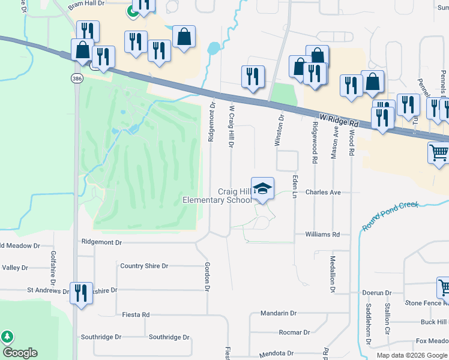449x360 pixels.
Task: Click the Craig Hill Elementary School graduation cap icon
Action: pos(262,188)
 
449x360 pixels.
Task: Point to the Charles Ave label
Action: pos(323,193)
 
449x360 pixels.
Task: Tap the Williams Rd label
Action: pos(322,235)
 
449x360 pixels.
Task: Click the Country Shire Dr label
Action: pos(144,266)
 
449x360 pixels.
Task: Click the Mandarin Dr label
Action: pos(279,313)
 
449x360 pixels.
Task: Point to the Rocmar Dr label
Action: pos(294,332)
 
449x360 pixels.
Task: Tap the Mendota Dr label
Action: pos(277,354)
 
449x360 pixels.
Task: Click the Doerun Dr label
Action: pos(377,293)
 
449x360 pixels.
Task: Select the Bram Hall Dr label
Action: pos(86,3)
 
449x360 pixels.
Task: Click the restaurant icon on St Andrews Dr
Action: pos(80,293)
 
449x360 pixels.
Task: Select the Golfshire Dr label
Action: pos(53,268)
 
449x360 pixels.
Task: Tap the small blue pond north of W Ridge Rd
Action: pos(214,49)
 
